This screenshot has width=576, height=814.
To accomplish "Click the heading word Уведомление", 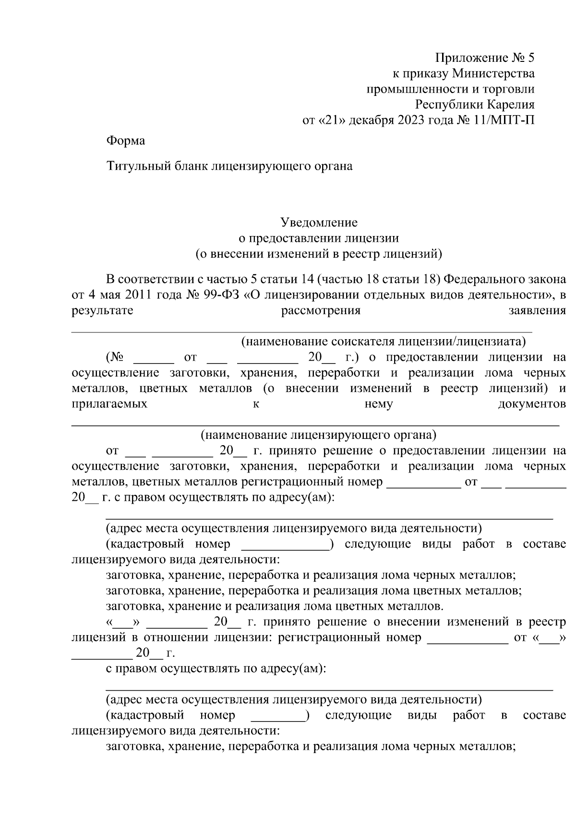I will click(x=319, y=223).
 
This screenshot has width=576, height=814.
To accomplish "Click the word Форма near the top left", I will click(x=125, y=141).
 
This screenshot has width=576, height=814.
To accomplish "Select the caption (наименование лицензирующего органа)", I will click(x=318, y=435).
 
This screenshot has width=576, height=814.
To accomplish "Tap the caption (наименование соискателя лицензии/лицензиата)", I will click(x=383, y=342).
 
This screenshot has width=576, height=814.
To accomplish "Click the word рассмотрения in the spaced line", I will click(x=320, y=310).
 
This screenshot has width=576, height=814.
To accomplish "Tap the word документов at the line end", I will click(x=531, y=404).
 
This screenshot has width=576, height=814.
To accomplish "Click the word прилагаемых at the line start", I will click(x=109, y=404).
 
